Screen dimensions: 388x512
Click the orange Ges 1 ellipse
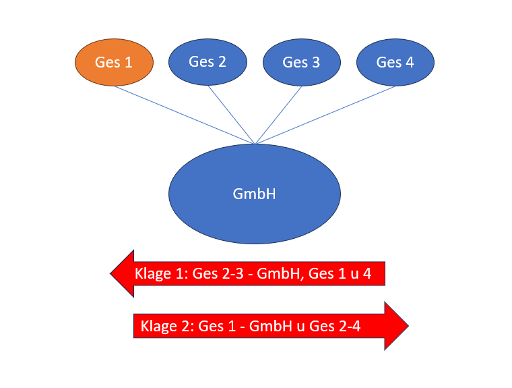pos(113,63)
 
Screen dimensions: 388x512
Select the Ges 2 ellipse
pos(207,62)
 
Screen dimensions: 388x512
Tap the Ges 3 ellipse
pos(301,62)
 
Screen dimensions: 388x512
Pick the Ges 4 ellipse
pos(395,62)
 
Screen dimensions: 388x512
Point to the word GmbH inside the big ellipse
pos(255,194)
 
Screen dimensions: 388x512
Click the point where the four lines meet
pos(255,144)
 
